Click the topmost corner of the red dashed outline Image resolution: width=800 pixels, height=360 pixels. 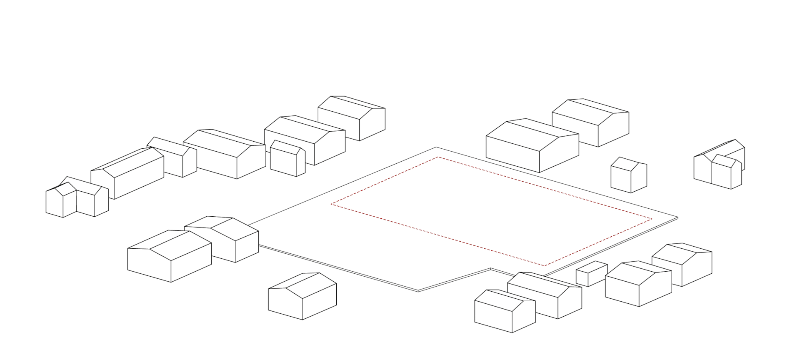tap(438, 157)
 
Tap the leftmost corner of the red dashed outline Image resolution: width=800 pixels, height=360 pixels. tap(331, 204)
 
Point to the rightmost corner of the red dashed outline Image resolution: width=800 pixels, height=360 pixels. tap(652, 219)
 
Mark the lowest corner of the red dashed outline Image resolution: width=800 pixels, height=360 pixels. tap(544, 265)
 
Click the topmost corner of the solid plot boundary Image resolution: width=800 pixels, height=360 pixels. tap(436, 147)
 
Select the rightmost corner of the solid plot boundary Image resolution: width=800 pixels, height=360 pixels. tap(678, 217)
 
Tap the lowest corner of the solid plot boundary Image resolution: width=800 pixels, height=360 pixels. tap(418, 291)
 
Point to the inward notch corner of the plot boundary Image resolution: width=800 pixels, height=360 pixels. tap(491, 268)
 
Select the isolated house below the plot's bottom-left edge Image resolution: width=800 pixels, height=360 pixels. tap(302, 296)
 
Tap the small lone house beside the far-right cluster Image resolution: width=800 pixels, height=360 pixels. tap(629, 175)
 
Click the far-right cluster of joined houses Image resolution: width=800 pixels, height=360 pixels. tap(720, 165)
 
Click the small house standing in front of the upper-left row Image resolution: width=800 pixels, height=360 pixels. tap(287, 159)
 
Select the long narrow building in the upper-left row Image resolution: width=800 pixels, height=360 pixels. tap(127, 173)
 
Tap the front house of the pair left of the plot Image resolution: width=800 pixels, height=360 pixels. tap(169, 256)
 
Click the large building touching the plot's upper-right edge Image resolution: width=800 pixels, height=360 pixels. tap(532, 146)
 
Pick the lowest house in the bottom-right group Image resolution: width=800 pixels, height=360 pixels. tap(505, 311)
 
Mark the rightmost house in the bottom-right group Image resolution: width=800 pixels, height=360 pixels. tap(682, 264)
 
